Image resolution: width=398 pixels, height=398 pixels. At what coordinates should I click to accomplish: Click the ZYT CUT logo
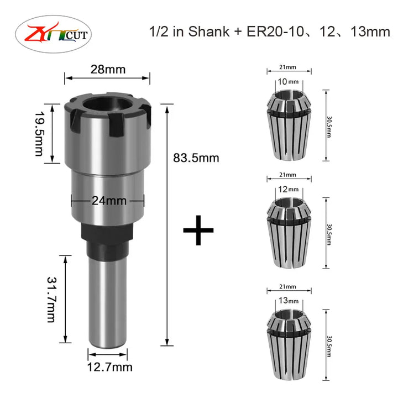point(53,34)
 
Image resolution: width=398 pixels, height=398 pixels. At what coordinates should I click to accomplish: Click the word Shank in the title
point(208,32)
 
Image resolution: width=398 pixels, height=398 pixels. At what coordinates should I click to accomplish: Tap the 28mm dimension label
point(108,69)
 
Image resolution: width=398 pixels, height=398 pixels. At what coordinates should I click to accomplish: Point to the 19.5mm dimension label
point(39,134)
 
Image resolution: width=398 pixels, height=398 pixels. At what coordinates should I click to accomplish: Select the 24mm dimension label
point(109,201)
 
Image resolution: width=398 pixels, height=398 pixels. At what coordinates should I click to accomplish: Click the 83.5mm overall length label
point(196,158)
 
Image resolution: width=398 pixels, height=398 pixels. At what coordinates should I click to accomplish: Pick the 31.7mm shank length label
point(52,300)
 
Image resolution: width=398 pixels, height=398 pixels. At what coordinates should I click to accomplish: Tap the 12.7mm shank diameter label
point(109,367)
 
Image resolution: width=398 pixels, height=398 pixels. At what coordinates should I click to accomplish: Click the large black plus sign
point(198,230)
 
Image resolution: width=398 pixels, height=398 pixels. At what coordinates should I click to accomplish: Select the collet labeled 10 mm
point(289,125)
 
